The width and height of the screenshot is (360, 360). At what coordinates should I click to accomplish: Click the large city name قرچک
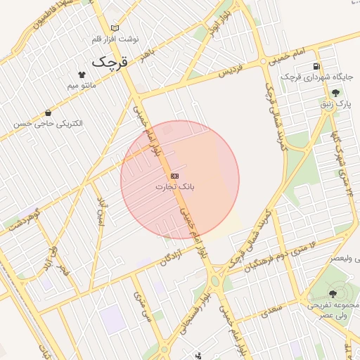coord(111,62)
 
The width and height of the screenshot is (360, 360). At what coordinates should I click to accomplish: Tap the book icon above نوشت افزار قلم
coord(115,28)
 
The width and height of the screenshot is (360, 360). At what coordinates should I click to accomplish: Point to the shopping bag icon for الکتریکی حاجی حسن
coord(48,112)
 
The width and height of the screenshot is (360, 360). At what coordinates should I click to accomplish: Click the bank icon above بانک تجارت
coord(174,176)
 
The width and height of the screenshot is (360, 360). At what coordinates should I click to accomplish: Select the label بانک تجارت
coord(174,187)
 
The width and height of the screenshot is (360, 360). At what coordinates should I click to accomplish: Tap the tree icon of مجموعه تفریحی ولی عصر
coord(333,294)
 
